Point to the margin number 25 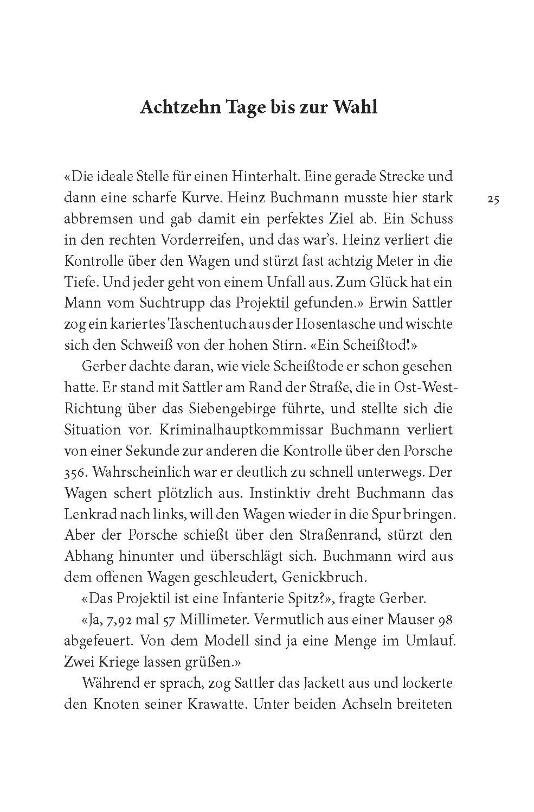[493, 200]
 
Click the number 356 [75, 472]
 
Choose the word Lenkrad [89, 514]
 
